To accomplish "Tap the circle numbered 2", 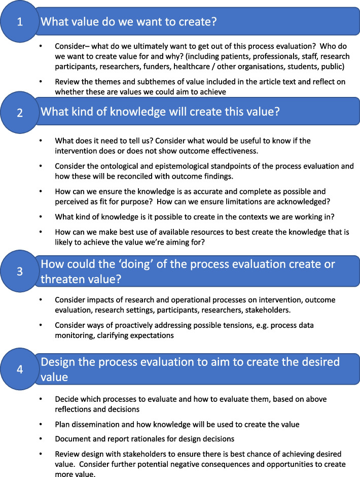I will [20, 113].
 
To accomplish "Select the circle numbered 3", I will [20, 272].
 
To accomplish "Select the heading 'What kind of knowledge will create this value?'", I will [160, 113].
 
